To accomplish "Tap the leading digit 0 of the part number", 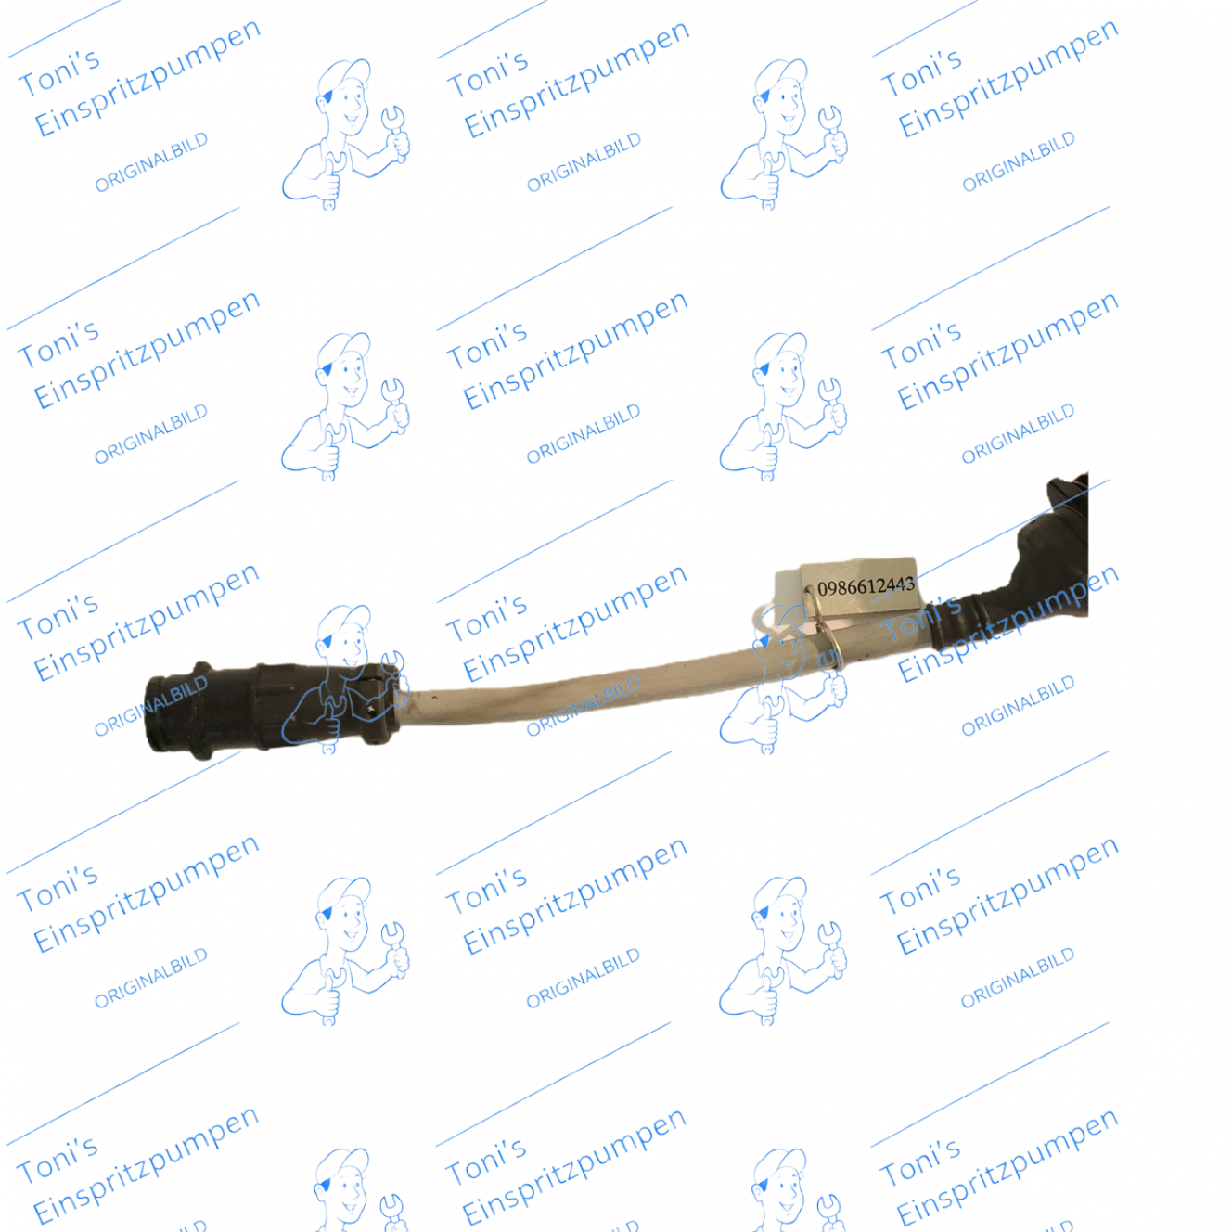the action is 822,588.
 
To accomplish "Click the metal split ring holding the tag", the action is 825,630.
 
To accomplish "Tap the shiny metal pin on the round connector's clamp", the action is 371,709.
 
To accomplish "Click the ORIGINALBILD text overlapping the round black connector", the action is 151,706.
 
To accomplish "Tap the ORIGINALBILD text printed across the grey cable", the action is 584,706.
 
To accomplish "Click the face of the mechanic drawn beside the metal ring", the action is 784,646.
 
